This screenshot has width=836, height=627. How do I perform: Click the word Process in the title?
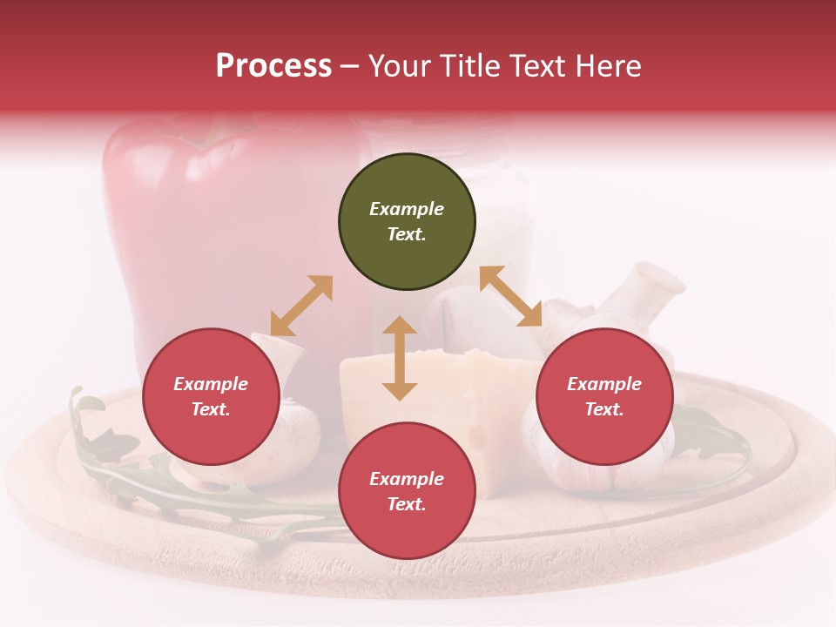[273, 66]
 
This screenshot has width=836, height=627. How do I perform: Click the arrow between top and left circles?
[301, 306]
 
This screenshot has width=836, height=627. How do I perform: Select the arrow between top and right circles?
[510, 296]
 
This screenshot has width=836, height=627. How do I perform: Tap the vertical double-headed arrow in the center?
[400, 358]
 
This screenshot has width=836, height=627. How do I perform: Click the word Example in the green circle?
[407, 209]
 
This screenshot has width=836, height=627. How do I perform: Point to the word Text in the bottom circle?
[407, 505]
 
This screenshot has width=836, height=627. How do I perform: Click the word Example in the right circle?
[604, 384]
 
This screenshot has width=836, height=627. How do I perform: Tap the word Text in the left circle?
[211, 410]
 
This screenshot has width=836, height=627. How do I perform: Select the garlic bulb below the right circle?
[610, 475]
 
